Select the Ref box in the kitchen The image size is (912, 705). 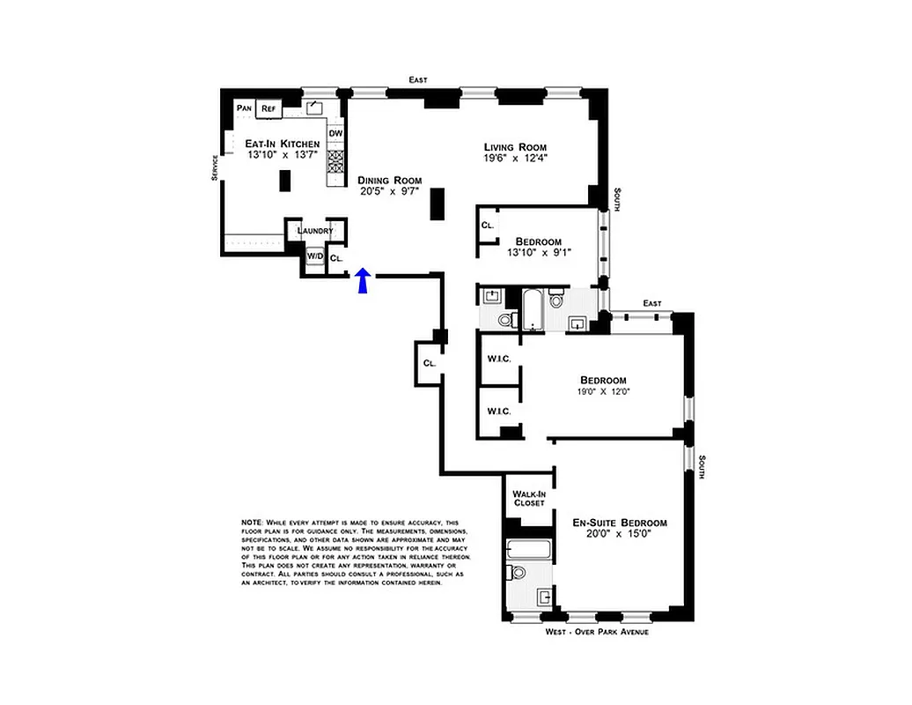[268, 108]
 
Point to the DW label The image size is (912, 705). [335, 134]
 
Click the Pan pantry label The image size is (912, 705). [244, 108]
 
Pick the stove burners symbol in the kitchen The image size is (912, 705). [335, 161]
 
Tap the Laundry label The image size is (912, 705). [315, 231]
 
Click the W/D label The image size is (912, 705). [314, 256]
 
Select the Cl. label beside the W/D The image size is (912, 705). [336, 258]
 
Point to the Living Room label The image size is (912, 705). [515, 147]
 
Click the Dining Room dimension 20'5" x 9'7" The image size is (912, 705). [389, 191]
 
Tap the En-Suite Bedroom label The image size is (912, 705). [619, 523]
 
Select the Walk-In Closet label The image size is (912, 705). [529, 498]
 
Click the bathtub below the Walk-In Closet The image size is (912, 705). [529, 551]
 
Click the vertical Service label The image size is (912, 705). [214, 167]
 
